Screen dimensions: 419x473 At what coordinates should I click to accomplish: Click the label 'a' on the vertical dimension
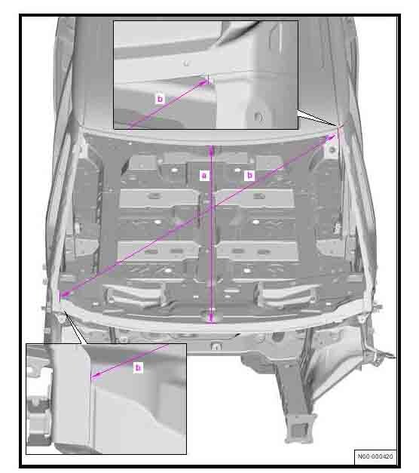(204, 175)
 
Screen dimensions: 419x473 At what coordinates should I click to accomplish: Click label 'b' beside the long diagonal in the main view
(249, 175)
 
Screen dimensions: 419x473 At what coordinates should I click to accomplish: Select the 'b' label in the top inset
(160, 99)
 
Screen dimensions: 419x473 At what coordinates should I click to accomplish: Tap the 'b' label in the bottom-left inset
(138, 367)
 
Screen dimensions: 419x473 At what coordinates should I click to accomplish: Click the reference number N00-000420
(375, 456)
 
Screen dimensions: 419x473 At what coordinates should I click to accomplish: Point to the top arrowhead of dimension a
(212, 149)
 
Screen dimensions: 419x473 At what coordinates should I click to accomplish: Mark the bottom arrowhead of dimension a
(212, 319)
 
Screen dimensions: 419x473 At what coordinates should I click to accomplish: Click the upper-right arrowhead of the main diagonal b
(332, 137)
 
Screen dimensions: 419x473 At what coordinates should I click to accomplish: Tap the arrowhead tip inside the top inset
(206, 80)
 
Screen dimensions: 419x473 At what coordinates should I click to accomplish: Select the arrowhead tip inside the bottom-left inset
(92, 376)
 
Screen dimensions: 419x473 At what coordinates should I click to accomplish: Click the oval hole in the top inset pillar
(258, 116)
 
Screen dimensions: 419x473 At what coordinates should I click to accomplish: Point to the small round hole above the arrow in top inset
(186, 63)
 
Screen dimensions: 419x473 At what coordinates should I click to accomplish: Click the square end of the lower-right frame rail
(299, 429)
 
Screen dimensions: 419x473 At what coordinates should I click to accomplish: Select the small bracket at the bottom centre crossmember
(216, 347)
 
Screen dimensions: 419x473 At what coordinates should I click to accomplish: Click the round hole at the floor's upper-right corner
(332, 149)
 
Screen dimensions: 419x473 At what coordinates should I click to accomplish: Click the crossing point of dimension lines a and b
(212, 207)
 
